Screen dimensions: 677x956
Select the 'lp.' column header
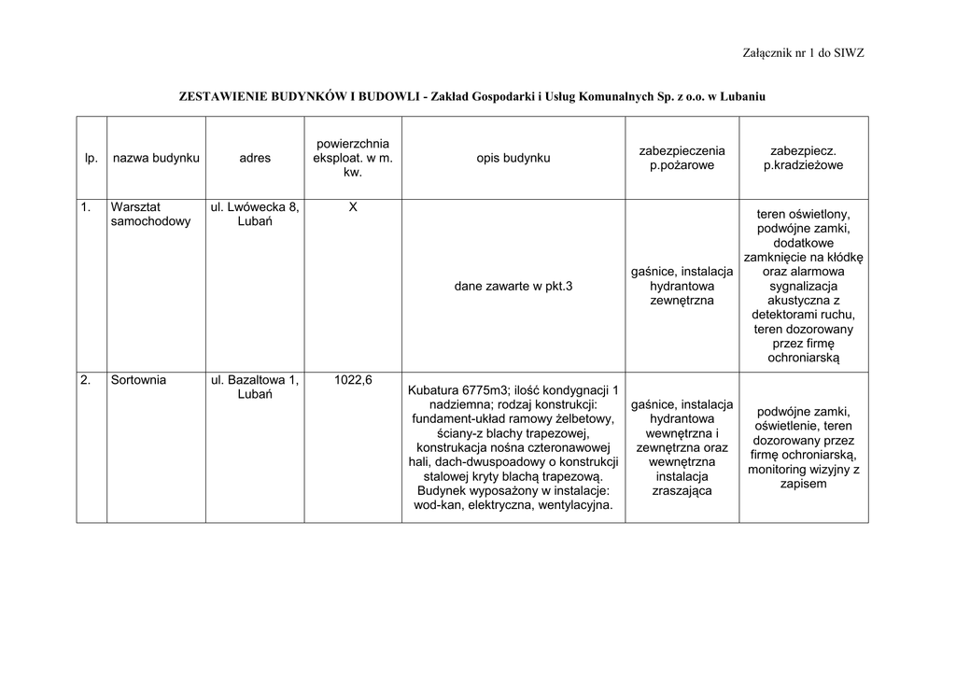91,158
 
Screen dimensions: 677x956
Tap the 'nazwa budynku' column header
156,158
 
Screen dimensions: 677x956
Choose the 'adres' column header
255,158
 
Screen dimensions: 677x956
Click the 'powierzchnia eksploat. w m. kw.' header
353,158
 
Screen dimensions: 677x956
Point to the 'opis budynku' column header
513,158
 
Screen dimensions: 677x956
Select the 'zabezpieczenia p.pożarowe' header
682,158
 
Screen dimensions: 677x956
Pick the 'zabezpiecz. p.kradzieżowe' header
803,158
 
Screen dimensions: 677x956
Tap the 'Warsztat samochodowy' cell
150,214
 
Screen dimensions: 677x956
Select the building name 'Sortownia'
138,380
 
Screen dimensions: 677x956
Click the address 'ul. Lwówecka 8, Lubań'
255,214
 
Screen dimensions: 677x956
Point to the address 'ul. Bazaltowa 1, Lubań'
255,387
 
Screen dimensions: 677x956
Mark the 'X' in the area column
353,207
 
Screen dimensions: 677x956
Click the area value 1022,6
353,380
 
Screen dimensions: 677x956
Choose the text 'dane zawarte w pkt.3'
513,287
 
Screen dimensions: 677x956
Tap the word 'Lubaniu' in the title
741,96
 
